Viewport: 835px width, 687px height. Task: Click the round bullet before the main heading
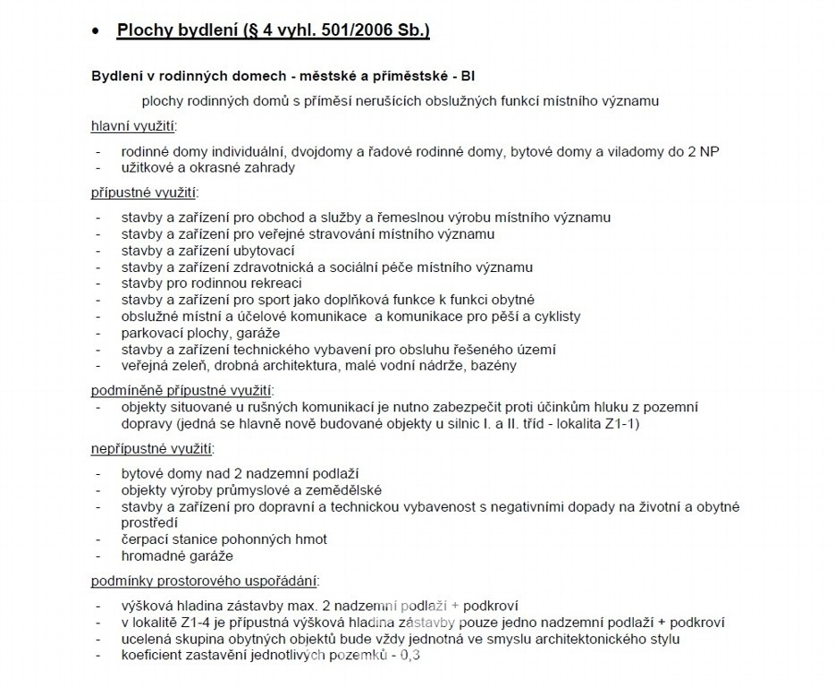(96, 31)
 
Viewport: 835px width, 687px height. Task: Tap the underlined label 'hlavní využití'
(133, 126)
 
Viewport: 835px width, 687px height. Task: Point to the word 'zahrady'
(267, 167)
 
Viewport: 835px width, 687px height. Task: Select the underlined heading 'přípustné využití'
(144, 192)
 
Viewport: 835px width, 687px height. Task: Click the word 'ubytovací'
(265, 250)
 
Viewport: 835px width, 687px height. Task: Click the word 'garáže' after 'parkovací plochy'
(234, 333)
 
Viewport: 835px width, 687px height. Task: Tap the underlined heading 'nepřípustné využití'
(152, 448)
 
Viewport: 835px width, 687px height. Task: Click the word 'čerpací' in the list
(146, 539)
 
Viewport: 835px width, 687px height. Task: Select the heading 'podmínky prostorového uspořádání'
(205, 581)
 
